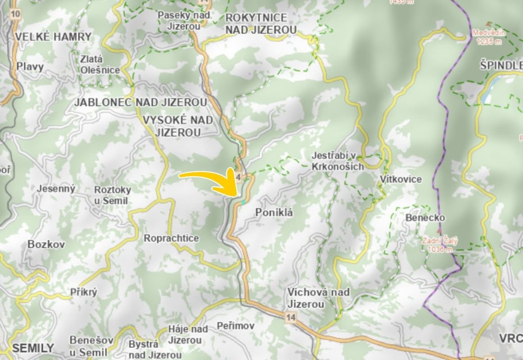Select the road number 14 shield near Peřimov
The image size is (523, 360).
(291, 318)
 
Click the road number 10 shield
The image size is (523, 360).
(16, 14)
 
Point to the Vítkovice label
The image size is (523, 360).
(401, 179)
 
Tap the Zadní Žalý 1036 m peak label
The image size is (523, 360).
(439, 245)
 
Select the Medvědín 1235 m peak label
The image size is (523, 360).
(489, 37)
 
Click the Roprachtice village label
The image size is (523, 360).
(171, 238)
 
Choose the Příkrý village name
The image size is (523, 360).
(84, 292)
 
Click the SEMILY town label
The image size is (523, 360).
(33, 348)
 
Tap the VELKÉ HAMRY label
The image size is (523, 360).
(53, 37)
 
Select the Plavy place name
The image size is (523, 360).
(30, 67)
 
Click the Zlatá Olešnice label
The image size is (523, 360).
(100, 64)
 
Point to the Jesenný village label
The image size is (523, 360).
(56, 189)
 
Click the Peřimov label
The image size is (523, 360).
(235, 325)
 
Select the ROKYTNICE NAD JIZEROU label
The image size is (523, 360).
(261, 24)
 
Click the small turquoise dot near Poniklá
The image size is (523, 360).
(243, 202)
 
